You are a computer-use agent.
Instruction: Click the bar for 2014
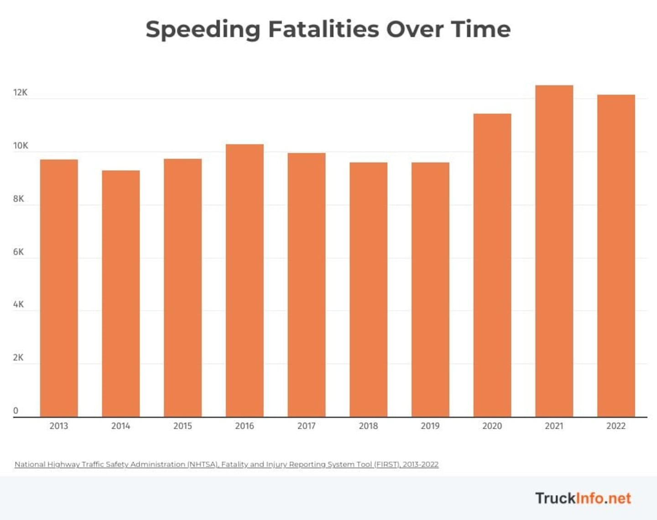click(x=121, y=294)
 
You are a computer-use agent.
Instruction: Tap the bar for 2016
click(x=245, y=281)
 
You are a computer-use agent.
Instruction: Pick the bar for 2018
click(x=369, y=290)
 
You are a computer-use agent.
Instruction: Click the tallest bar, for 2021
click(x=554, y=251)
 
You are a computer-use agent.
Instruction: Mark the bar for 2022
click(x=616, y=256)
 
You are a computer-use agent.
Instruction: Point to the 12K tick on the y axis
click(x=20, y=93)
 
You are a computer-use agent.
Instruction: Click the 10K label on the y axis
click(x=21, y=146)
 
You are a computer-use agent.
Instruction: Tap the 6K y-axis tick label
click(x=18, y=252)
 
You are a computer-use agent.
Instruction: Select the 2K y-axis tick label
click(x=18, y=358)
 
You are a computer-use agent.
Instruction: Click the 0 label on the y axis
click(x=16, y=411)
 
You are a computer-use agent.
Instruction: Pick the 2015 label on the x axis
click(x=182, y=426)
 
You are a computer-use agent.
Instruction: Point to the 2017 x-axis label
click(x=306, y=426)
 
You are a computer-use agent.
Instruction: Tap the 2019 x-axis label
click(x=430, y=426)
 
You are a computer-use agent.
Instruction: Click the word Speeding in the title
click(x=203, y=30)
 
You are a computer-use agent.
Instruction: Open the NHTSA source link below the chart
click(x=226, y=464)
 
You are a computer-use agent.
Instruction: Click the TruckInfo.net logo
click(x=583, y=498)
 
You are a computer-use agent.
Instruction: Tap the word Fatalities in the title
click(x=323, y=29)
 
